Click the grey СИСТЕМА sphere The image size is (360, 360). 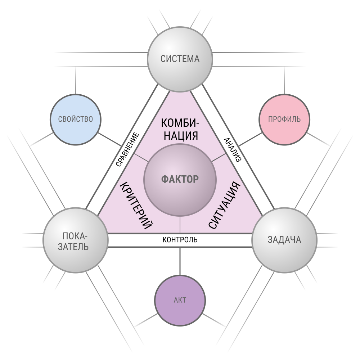[180, 59]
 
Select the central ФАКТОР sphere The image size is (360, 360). [180, 180]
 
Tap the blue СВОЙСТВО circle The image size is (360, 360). [76, 120]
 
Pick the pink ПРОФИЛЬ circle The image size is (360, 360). [284, 120]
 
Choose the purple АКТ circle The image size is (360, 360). [180, 300]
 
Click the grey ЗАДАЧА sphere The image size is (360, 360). [284, 240]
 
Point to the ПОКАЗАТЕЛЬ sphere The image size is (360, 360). [76, 240]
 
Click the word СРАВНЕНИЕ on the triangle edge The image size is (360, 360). [127, 149]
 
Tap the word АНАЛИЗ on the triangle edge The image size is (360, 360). [233, 150]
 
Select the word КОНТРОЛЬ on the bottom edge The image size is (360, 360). [180, 240]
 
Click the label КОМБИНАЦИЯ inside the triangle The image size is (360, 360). [180, 129]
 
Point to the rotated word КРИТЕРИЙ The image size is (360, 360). [136, 206]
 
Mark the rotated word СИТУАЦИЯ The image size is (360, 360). [224, 205]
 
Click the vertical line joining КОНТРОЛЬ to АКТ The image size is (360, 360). [180, 261]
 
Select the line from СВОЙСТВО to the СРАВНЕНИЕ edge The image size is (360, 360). [110, 139]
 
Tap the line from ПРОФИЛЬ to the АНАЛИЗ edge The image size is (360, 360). [250, 139]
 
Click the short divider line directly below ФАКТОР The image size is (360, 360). [180, 225]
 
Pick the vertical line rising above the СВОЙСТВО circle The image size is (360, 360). [76, 80]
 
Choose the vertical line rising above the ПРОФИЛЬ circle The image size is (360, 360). [284, 80]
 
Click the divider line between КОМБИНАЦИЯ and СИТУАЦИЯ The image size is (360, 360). [219, 158]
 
